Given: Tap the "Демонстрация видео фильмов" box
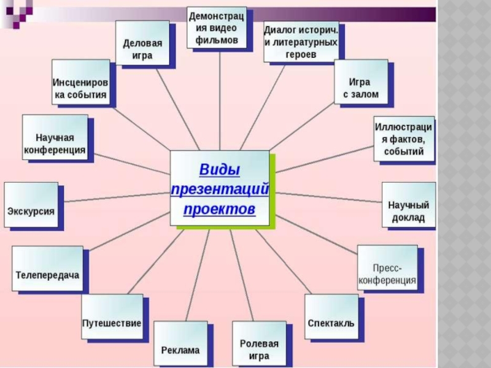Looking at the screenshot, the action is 217,28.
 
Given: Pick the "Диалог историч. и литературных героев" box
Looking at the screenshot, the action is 301,42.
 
